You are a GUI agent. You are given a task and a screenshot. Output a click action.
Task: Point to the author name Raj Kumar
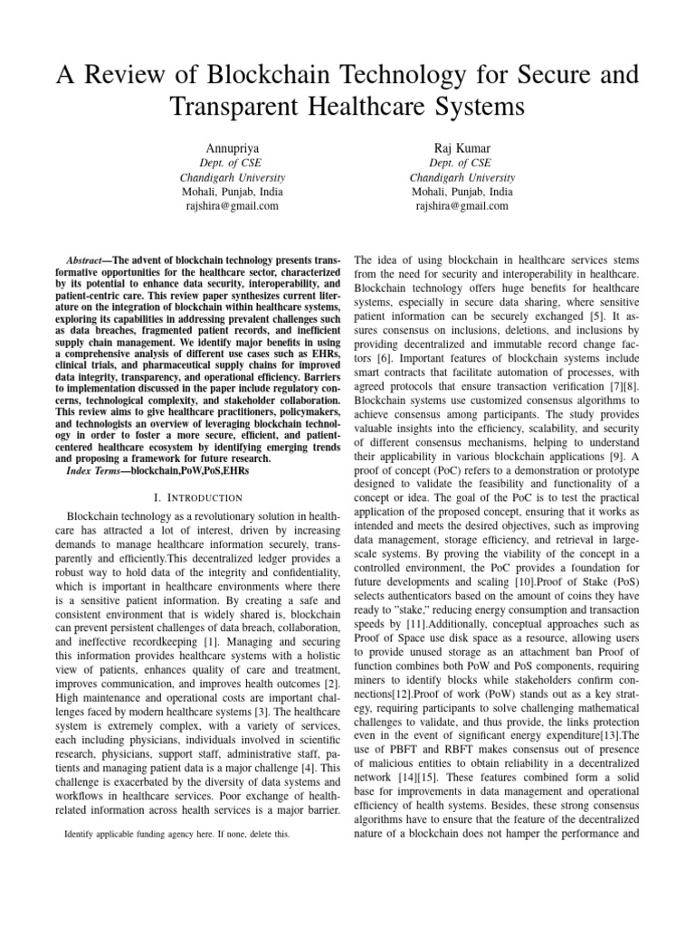pyautogui.click(x=462, y=147)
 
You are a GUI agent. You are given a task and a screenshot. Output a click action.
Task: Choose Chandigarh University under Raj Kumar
pyautogui.click(x=462, y=178)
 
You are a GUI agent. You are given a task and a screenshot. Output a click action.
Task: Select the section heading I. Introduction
pyautogui.click(x=199, y=497)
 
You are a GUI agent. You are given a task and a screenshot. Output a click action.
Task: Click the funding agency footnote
pyautogui.click(x=177, y=835)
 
